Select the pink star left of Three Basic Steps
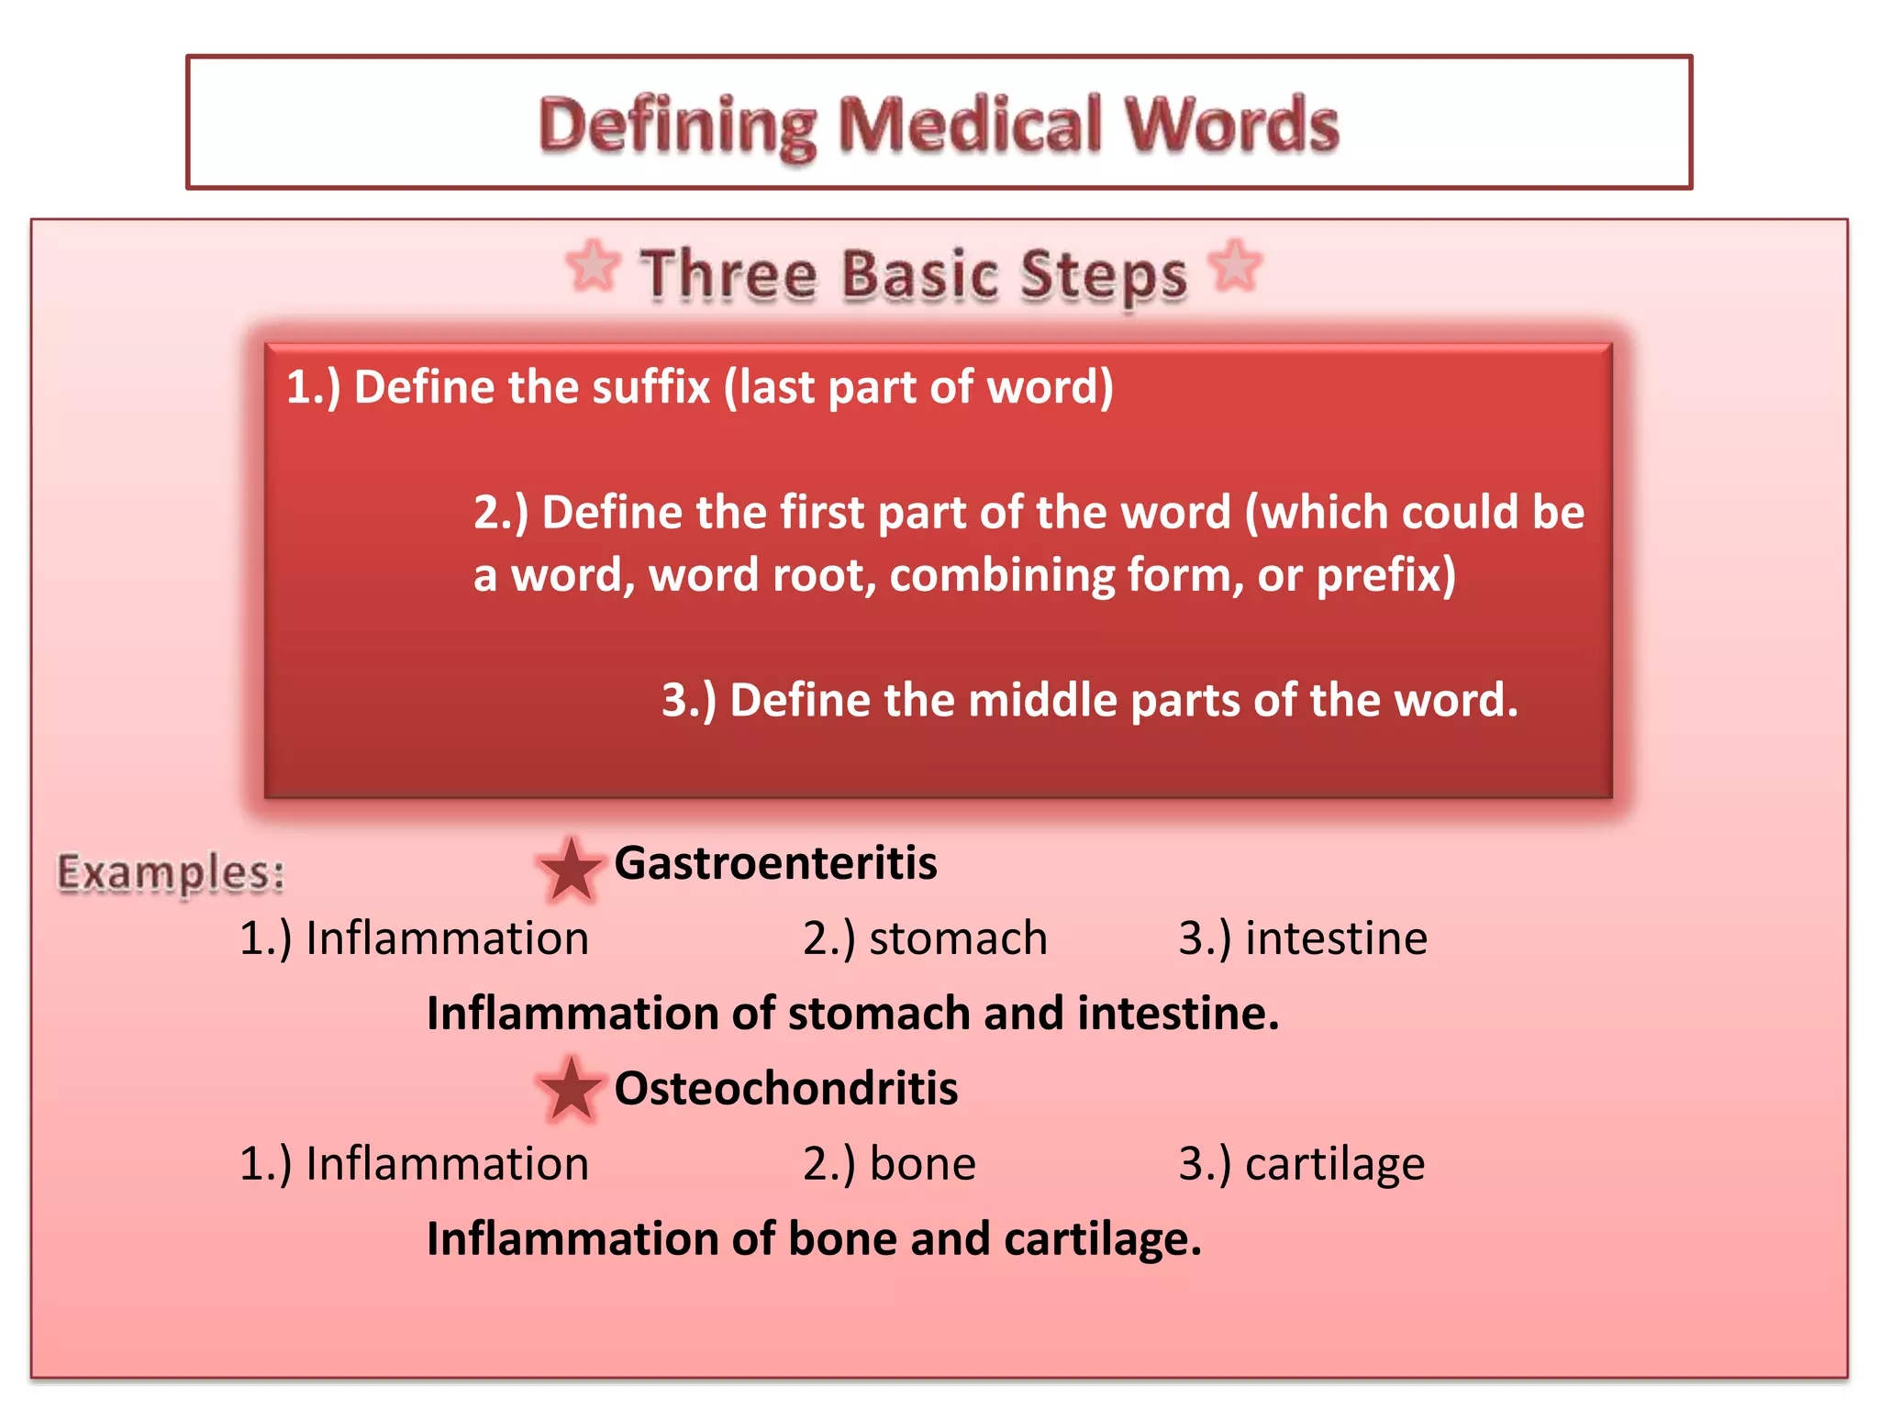pyautogui.click(x=593, y=266)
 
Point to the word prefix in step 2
pyautogui.click(x=1385, y=576)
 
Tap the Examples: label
pyautogui.click(x=171, y=871)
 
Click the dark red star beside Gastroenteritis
pyautogui.click(x=570, y=869)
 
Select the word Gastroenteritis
pyautogui.click(x=775, y=863)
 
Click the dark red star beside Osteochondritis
pyautogui.click(x=570, y=1090)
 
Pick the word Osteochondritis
pyautogui.click(x=785, y=1089)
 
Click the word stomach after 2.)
pyautogui.click(x=958, y=938)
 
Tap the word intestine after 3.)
pyautogui.click(x=1336, y=938)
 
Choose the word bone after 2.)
pyautogui.click(x=922, y=1164)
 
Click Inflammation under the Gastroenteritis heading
pyautogui.click(x=447, y=938)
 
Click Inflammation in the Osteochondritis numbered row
pyautogui.click(x=447, y=1164)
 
